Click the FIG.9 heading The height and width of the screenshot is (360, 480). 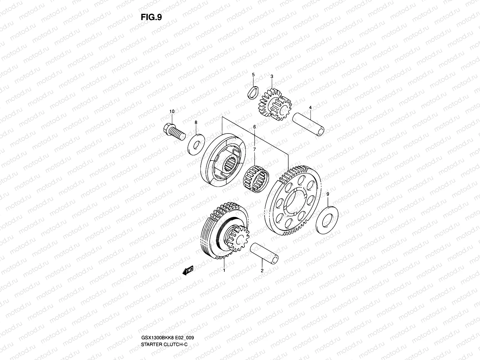151,17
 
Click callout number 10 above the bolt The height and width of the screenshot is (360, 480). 172,112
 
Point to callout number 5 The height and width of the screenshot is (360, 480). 253,74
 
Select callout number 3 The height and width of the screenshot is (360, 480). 271,76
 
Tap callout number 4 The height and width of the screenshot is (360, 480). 310,107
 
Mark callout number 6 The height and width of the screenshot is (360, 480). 254,127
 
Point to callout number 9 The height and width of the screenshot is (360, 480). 328,194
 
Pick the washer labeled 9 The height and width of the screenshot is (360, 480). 327,218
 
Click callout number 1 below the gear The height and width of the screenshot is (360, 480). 224,271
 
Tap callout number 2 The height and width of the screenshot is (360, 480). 262,271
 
